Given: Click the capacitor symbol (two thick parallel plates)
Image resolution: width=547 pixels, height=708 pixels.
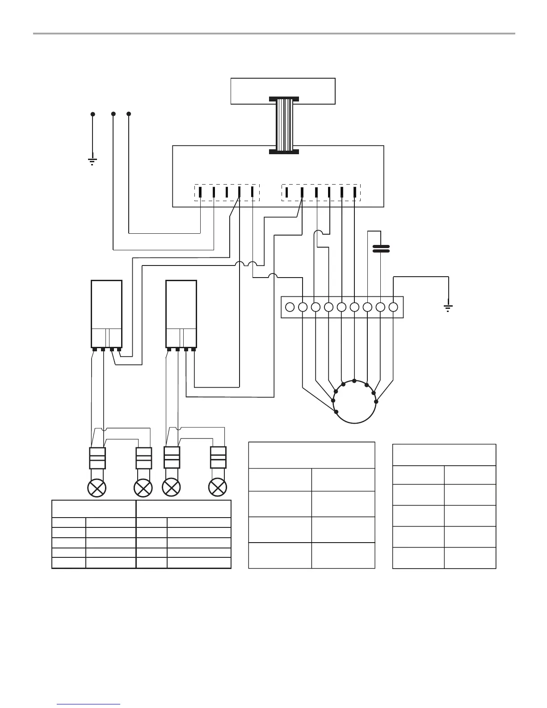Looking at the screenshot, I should pyautogui.click(x=381, y=249).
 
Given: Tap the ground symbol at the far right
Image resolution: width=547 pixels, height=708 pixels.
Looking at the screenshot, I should pyautogui.click(x=448, y=308).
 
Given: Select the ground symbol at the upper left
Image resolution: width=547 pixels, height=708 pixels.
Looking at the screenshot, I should pyautogui.click(x=93, y=161).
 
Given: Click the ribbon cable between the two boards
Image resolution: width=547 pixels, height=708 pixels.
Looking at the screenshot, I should pyautogui.click(x=284, y=125).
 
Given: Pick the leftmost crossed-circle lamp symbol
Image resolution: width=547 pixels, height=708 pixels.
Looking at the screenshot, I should pyautogui.click(x=98, y=487).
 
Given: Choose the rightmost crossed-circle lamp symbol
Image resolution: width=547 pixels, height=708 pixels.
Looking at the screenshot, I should pyautogui.click(x=218, y=487).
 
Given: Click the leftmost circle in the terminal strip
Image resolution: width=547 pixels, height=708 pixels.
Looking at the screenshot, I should pyautogui.click(x=290, y=307).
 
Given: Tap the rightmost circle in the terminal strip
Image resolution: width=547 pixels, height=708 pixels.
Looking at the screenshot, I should pyautogui.click(x=393, y=307).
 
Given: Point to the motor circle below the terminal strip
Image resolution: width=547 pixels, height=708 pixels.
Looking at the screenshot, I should pyautogui.click(x=354, y=402).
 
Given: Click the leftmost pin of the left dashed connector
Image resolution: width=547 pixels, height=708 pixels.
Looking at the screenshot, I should pyautogui.click(x=201, y=192).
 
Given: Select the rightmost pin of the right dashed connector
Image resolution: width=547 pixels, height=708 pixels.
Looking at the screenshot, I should pyautogui.click(x=355, y=192).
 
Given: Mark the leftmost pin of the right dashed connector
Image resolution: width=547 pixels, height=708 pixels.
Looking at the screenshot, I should pyautogui.click(x=288, y=192).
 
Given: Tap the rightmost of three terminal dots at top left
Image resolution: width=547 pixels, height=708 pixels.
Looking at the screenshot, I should pyautogui.click(x=129, y=114).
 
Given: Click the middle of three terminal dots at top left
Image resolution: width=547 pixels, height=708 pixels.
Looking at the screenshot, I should pyautogui.click(x=113, y=114).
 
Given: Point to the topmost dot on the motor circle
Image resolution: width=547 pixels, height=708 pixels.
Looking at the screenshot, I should pyautogui.click(x=354, y=381).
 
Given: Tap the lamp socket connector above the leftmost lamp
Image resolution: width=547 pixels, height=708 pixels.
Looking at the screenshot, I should pyautogui.click(x=98, y=458).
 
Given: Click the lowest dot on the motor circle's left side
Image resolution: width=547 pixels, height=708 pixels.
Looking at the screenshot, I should pyautogui.click(x=336, y=412).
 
